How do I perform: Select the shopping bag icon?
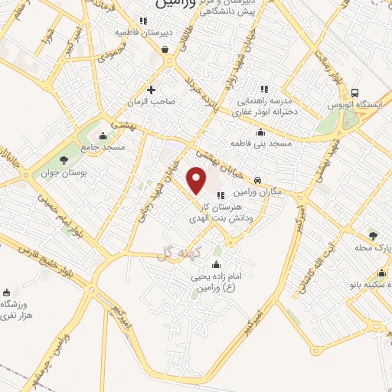tap(165, 50)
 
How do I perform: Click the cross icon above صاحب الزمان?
tap(151, 89)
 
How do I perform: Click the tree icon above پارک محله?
tap(373, 236)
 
